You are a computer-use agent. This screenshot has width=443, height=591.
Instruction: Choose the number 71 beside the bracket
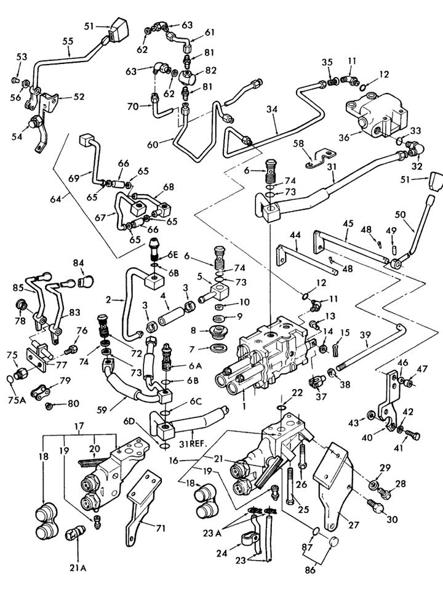click(160, 527)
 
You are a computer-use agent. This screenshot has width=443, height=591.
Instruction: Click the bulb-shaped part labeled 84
click(86, 284)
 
